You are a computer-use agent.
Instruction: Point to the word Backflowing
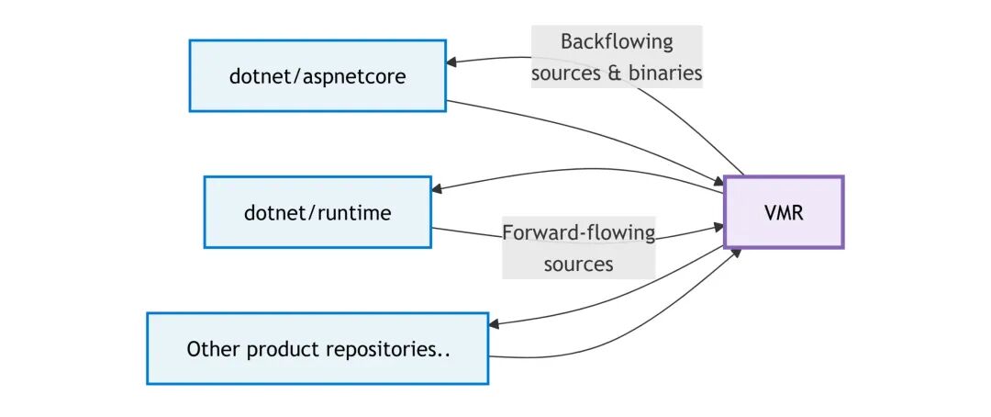click(x=617, y=42)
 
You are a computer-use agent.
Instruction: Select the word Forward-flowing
click(x=579, y=232)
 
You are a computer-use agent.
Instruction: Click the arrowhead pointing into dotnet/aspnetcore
click(x=452, y=62)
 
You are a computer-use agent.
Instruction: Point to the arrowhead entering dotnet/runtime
click(x=438, y=189)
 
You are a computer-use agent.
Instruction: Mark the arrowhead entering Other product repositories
click(x=495, y=325)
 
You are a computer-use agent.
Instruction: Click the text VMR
click(x=784, y=213)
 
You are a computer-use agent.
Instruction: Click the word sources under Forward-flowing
click(x=578, y=265)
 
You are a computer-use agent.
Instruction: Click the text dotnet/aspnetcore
click(x=317, y=76)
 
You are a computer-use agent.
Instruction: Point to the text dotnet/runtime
click(x=317, y=213)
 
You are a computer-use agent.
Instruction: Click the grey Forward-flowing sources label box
click(x=579, y=248)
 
